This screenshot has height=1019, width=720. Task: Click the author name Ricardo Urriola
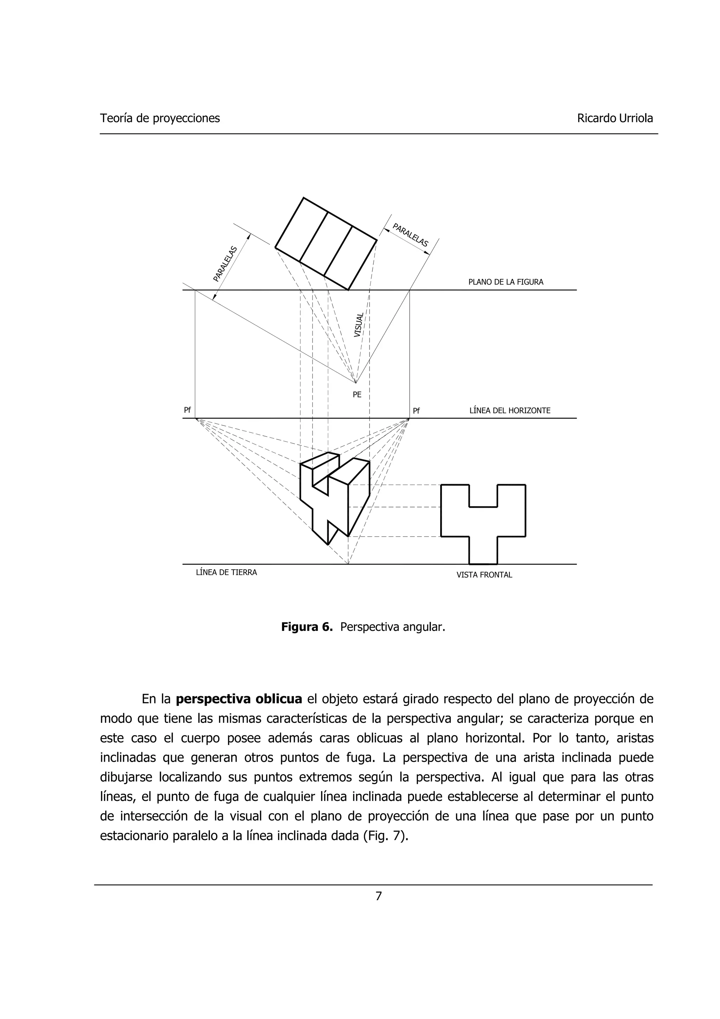click(x=615, y=118)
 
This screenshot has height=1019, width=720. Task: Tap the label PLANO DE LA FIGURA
click(x=506, y=282)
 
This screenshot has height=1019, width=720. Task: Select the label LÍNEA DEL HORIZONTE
click(x=510, y=411)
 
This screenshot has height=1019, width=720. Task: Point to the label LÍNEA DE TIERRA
click(x=226, y=572)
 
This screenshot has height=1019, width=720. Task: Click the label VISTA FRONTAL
click(x=484, y=575)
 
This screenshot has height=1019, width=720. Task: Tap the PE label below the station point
click(x=357, y=395)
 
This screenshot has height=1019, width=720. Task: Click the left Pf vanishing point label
click(x=188, y=410)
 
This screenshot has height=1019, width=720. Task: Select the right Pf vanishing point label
click(x=416, y=411)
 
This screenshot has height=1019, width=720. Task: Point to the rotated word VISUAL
click(x=359, y=325)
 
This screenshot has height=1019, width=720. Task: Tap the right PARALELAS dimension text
click(x=411, y=236)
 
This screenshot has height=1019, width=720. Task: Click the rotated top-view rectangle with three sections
click(x=326, y=244)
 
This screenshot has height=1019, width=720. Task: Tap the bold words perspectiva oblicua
click(x=239, y=699)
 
